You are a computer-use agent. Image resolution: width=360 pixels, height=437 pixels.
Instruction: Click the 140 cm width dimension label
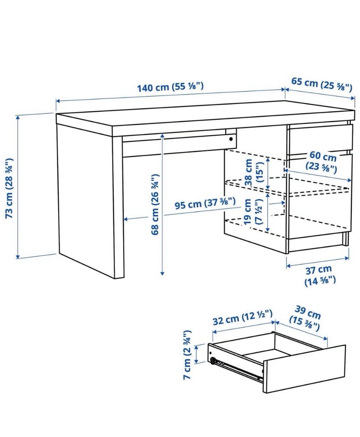pyautogui.click(x=171, y=86)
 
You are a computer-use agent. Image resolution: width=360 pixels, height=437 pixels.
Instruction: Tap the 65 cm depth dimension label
pyautogui.click(x=322, y=84)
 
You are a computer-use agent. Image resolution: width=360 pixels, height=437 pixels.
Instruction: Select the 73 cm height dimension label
pyautogui.click(x=9, y=188)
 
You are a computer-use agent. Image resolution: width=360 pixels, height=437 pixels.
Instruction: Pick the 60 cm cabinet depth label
pyautogui.click(x=322, y=162)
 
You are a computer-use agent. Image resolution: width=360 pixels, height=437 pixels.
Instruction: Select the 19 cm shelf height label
pyautogui.click(x=252, y=212)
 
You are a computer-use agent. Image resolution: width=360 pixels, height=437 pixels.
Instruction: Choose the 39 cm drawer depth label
pyautogui.click(x=305, y=319)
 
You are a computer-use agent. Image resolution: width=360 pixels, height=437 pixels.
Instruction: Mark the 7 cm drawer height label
pyautogui.click(x=187, y=354)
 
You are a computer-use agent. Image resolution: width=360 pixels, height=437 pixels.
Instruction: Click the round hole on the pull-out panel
pyautogui.click(x=231, y=139)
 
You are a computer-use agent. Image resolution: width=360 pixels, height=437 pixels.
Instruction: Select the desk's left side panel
pyautogui.click(x=86, y=201)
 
